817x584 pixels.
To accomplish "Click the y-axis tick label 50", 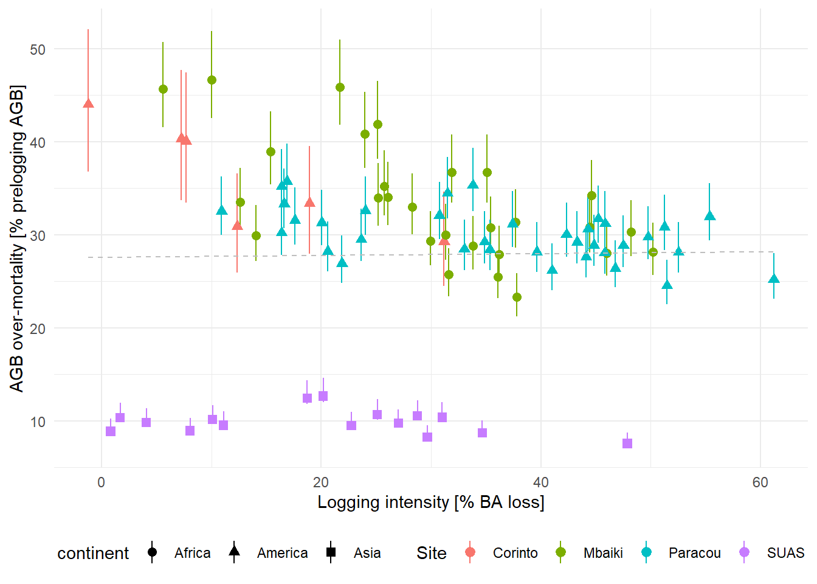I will tap(38, 49).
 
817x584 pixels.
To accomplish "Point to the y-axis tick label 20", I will tap(38, 328).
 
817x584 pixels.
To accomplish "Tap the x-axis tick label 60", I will tap(760, 482).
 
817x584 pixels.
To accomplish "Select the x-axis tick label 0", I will tap(101, 482).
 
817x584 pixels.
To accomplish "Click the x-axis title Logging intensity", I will tap(430, 502).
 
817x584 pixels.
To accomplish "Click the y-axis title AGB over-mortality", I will tap(17, 238).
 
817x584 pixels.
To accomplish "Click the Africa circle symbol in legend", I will tap(152, 552).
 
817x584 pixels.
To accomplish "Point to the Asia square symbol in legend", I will tap(331, 552).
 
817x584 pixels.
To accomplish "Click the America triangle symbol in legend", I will tap(234, 552).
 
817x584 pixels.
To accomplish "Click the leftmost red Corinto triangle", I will tap(88, 103).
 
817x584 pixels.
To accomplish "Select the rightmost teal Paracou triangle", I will tap(774, 279).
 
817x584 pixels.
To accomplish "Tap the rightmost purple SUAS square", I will tap(627, 443).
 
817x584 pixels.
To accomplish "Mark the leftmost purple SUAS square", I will tap(111, 431).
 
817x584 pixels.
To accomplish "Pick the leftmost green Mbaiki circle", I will tap(163, 89).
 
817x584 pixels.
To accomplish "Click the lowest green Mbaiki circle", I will tap(517, 297).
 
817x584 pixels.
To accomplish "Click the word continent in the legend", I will tap(93, 553).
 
